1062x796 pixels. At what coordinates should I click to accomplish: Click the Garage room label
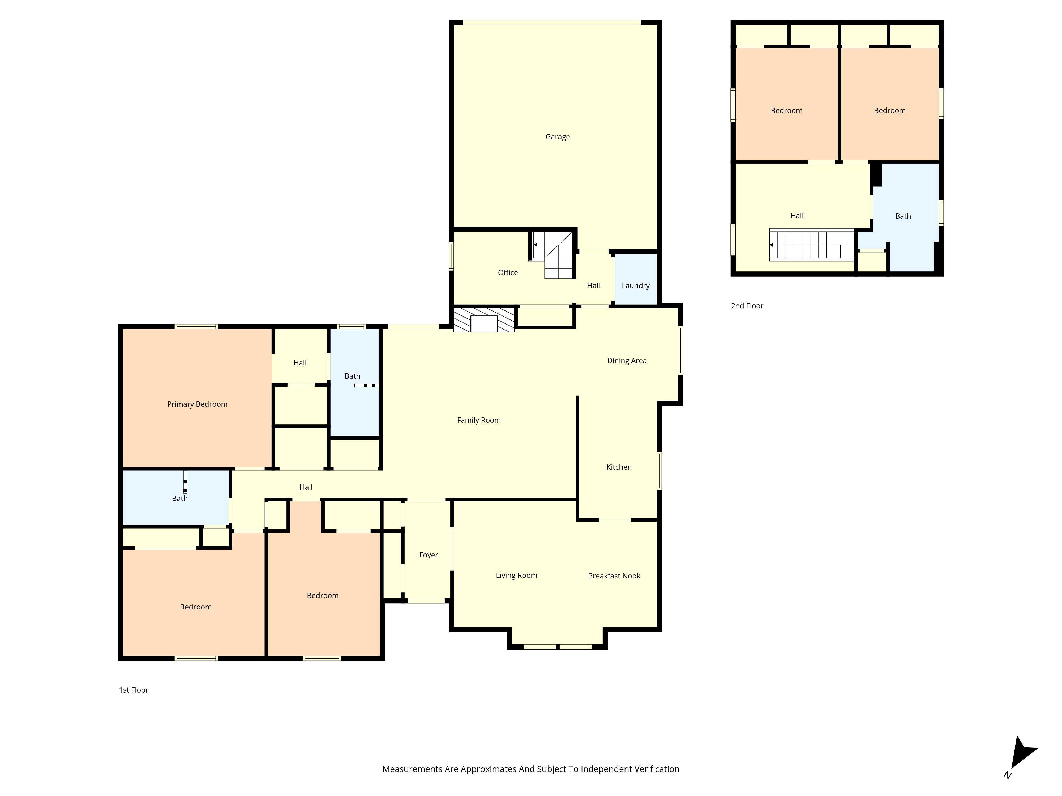[557, 137]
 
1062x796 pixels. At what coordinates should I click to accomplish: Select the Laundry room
[635, 285]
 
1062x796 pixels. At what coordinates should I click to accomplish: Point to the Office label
[507, 272]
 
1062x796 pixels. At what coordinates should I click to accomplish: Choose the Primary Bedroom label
[197, 404]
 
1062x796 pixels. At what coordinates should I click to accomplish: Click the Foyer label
[428, 555]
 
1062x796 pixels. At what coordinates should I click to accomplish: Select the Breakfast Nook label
[614, 576]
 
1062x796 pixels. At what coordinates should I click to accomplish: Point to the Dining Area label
[627, 360]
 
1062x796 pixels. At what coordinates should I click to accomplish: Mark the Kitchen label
[619, 467]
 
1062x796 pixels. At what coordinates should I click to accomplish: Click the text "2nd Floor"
[747, 306]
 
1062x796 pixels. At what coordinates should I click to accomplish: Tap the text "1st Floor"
[134, 690]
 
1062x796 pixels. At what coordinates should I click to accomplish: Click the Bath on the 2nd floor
[903, 216]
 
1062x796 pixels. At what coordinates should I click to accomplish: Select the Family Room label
[479, 420]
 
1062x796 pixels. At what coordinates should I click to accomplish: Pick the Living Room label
[516, 575]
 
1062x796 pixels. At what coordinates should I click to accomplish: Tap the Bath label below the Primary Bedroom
[179, 498]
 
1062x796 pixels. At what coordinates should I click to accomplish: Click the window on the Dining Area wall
[680, 350]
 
